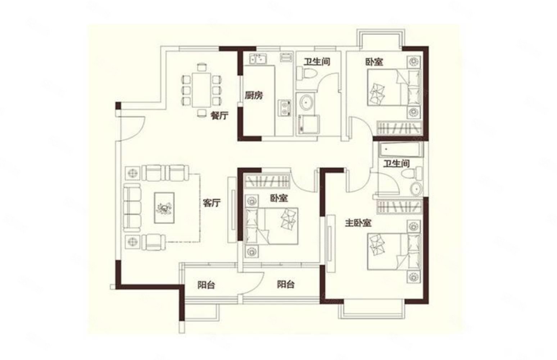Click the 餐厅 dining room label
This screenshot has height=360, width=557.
[219, 116]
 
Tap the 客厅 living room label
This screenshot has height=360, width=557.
[212, 203]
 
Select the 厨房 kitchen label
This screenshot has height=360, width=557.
[254, 95]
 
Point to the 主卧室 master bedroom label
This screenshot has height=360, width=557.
[358, 223]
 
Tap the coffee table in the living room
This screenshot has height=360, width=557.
[164, 208]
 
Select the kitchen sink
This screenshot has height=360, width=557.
[258, 59]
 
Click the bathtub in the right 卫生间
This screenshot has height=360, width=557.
[400, 149]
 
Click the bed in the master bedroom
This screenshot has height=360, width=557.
[394, 251]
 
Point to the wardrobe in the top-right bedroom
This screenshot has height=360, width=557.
[400, 128]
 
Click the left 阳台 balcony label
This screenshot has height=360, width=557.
[206, 285]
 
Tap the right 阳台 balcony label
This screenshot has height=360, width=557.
[286, 284]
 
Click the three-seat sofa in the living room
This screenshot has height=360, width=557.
[132, 208]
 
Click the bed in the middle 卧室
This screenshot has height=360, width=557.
[271, 226]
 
